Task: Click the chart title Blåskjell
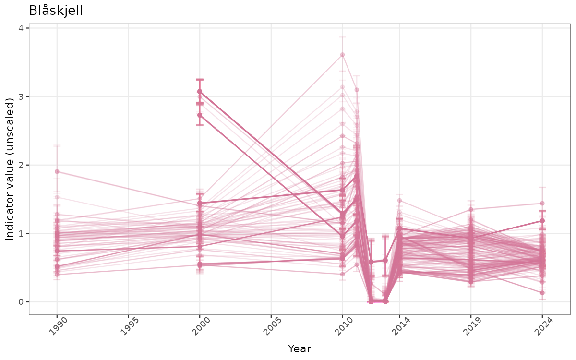tap(56, 11)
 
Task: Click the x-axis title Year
tap(299, 348)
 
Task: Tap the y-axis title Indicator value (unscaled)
tap(11, 169)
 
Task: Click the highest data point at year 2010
tap(342, 55)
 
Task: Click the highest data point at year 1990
tap(57, 171)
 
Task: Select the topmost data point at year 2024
tap(542, 204)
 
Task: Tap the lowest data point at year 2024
tap(542, 293)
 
